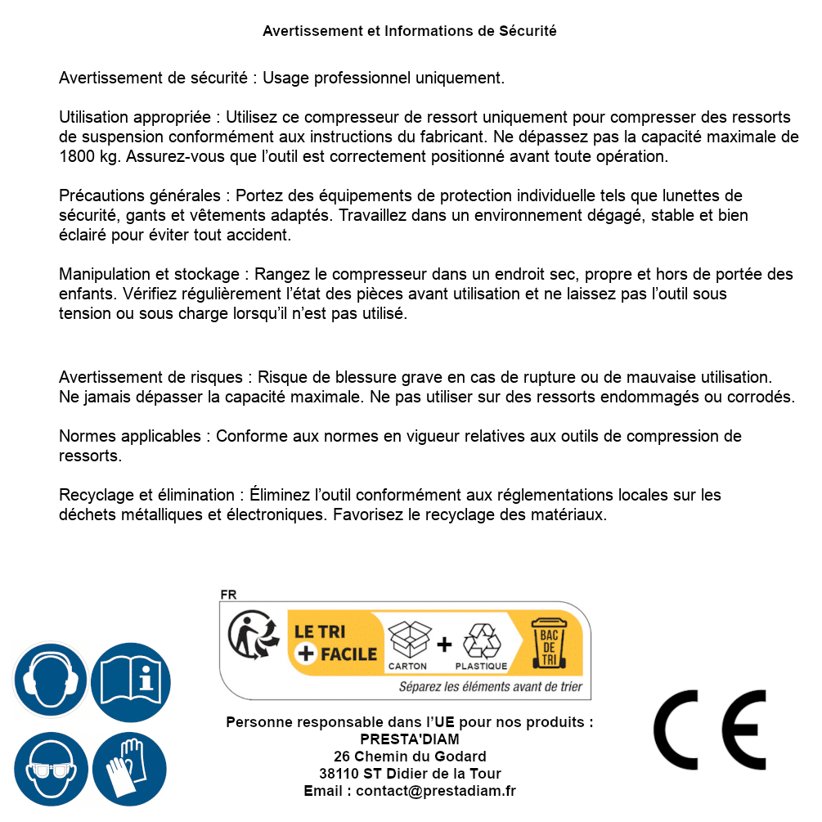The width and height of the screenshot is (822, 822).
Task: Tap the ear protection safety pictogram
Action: (50, 680)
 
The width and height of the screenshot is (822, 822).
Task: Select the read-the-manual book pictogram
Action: (131, 680)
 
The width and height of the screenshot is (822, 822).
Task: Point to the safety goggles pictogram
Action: (50, 769)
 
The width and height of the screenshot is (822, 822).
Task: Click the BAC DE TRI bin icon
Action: (549, 643)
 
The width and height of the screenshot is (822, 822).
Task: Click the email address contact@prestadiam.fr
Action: (436, 791)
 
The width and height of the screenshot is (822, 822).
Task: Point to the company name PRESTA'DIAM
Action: (410, 739)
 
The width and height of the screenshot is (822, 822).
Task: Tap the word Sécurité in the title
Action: (528, 31)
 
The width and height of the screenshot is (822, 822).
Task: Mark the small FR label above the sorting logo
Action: (228, 595)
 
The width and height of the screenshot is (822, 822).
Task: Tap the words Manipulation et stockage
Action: (149, 274)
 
